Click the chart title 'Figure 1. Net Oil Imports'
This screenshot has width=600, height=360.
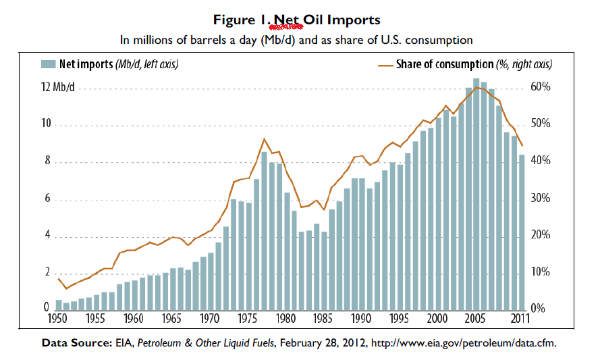296,20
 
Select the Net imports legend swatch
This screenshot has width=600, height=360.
47,64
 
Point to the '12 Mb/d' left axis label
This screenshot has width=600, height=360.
59,88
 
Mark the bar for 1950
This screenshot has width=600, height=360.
59,305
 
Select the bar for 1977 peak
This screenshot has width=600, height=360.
264,230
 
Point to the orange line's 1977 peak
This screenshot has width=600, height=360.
264,139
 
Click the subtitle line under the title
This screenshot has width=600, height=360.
296,40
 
